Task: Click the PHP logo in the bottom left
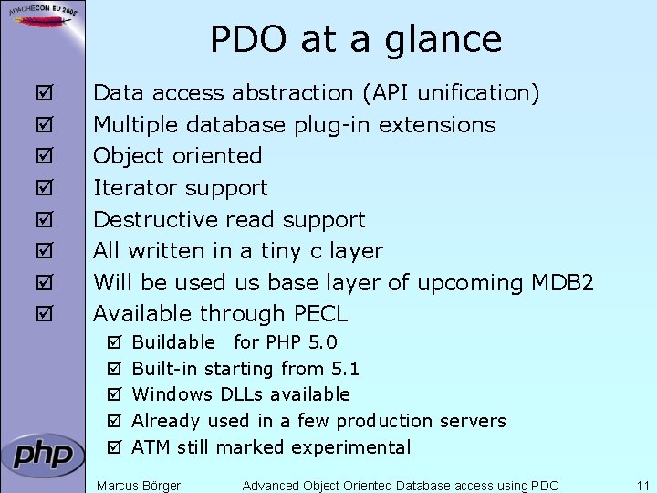click(43, 455)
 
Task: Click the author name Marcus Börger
click(139, 486)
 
